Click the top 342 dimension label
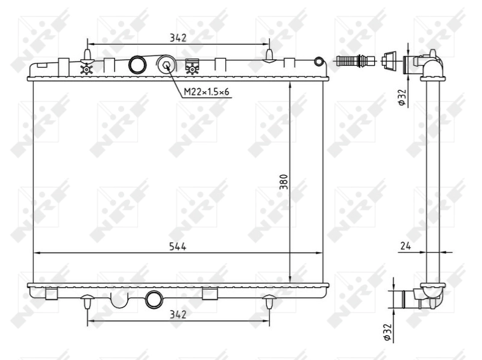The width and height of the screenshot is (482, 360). tap(178, 37)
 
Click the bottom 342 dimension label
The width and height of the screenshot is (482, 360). tap(178, 314)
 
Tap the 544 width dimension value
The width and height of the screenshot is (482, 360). tap(177, 245)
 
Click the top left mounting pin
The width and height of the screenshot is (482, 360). tap(88, 55)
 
